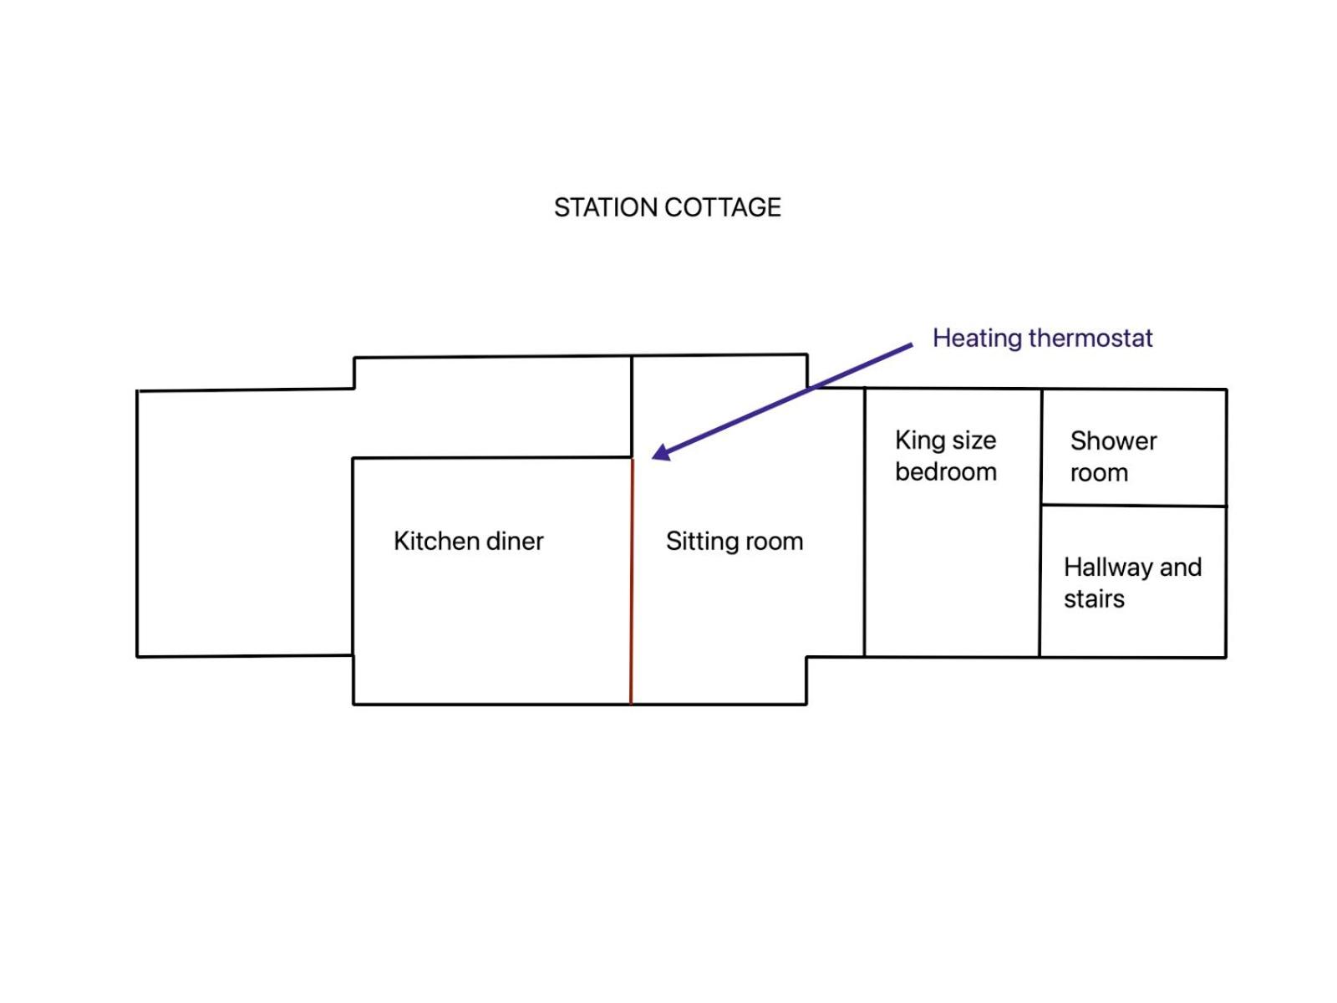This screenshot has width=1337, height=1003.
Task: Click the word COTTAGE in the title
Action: coord(723,207)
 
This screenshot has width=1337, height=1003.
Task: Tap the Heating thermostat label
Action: coord(1042,338)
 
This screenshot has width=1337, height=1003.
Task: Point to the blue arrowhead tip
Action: coord(653,457)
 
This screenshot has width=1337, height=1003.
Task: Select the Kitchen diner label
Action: coord(469,541)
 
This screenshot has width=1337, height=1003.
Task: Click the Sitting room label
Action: coord(735,542)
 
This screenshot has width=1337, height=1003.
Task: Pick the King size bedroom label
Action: coord(946,456)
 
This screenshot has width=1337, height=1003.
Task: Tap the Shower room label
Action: coord(1113,456)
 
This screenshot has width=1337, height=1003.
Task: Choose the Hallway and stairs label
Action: coord(1133,583)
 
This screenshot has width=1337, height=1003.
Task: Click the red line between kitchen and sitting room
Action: coord(632,582)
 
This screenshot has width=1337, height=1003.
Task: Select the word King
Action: coord(916,440)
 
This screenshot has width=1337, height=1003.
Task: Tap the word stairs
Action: coord(1094,599)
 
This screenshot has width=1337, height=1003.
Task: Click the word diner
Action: coord(516,541)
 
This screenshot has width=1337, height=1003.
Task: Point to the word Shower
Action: coord(1113,441)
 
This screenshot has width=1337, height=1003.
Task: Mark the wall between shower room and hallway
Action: coord(1134,506)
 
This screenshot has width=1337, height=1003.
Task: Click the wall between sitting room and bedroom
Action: coord(864,522)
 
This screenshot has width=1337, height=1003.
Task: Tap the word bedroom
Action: coord(946,472)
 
